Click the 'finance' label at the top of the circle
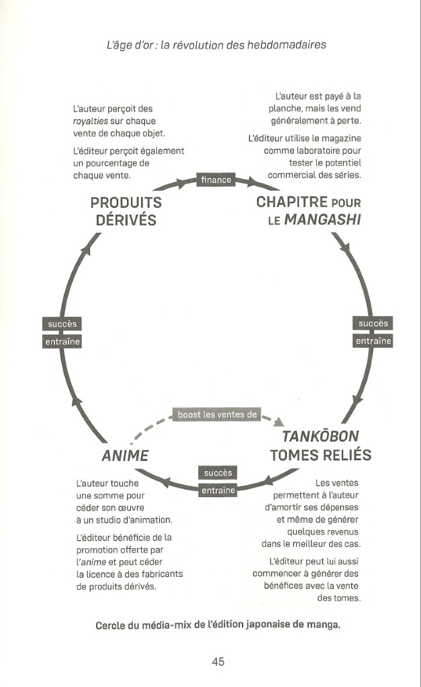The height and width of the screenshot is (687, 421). tap(216, 180)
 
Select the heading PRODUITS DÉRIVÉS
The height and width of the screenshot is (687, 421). tap(126, 211)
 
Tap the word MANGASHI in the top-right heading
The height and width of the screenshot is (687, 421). tap(324, 219)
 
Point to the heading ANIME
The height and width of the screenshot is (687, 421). tap(125, 456)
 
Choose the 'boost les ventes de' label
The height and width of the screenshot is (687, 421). tap(217, 415)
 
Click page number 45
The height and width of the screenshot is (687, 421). tap(218, 662)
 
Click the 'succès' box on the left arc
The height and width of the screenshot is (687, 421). tap(62, 324)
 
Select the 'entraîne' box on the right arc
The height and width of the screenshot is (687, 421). tap(373, 341)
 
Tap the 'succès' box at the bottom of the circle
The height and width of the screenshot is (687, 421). tap(218, 473)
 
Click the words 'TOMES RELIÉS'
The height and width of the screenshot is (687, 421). tap(320, 456)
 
